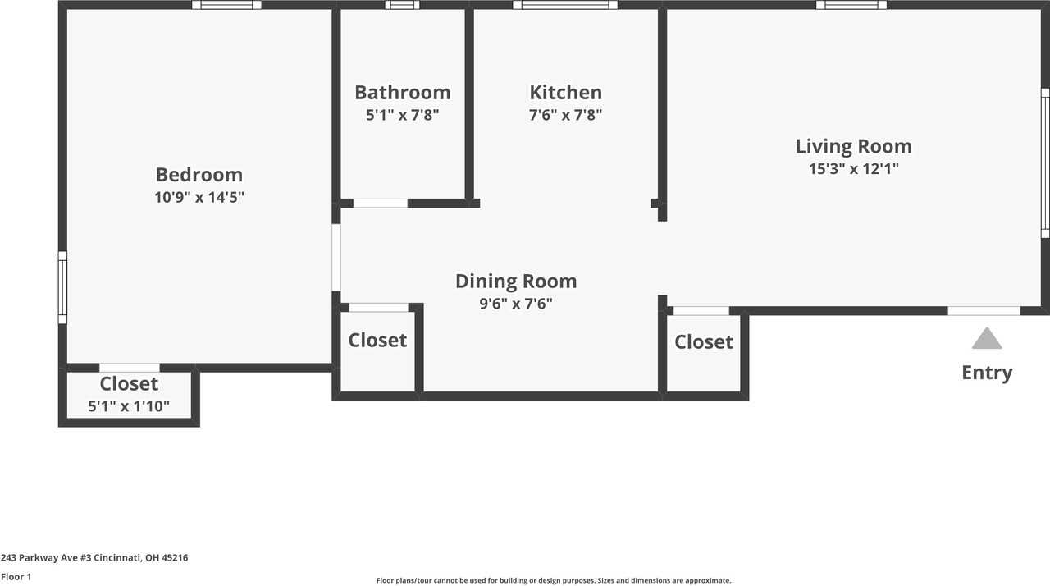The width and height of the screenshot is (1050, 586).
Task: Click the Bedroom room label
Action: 199,175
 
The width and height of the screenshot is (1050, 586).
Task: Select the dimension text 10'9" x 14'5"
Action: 199,197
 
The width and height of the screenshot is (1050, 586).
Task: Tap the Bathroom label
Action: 402,93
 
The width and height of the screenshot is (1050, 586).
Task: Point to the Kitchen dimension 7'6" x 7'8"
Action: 565,115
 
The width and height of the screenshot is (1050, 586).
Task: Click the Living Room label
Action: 853,147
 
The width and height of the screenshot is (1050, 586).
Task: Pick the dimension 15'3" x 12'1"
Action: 853,169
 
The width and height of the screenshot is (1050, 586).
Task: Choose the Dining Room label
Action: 516,282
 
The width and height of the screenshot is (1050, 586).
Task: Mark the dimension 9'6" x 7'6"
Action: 516,304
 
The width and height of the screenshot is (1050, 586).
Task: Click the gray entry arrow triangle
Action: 987,339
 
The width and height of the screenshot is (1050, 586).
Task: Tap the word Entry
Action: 987,373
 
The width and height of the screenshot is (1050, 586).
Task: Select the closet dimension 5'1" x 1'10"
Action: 129,405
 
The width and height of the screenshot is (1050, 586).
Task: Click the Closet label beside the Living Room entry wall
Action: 704,342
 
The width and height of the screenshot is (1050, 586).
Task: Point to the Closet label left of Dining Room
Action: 377,341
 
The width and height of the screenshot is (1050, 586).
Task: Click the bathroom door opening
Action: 380,203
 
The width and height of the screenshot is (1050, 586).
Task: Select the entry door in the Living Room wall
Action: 984,311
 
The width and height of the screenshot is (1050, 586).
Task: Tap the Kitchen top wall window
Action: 565,5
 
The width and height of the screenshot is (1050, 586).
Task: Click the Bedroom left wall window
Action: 62,287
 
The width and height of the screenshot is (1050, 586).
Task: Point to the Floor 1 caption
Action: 16,577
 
